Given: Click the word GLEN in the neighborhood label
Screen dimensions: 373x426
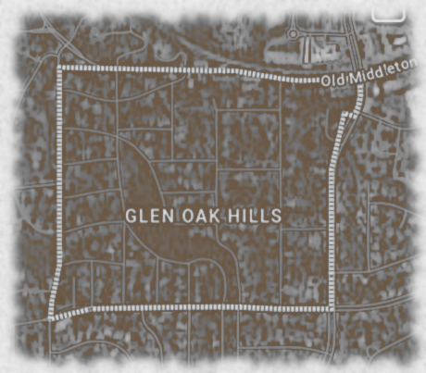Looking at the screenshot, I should (144, 216).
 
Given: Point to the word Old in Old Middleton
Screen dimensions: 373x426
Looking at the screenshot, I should (333, 82).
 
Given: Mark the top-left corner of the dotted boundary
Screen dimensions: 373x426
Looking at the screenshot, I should (61, 68).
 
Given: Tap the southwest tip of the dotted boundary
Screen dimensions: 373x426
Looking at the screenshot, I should (50, 318).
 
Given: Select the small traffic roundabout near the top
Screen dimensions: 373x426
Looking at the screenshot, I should (294, 34).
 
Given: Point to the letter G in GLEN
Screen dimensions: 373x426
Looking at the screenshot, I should (131, 216).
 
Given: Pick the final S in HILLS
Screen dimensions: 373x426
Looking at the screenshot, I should (277, 216).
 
